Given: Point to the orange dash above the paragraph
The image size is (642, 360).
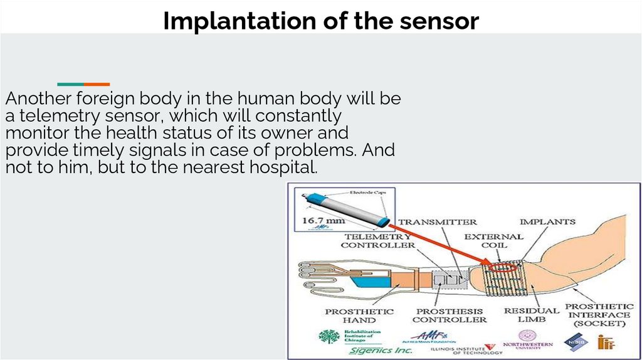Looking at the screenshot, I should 97,84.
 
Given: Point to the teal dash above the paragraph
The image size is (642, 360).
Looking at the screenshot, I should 70,84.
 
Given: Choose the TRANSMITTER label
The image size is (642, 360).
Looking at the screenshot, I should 438,222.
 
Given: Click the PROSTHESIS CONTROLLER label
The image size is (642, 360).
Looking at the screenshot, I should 451,315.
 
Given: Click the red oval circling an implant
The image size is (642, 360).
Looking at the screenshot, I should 504,268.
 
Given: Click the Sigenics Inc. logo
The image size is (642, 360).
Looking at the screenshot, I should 378,350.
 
